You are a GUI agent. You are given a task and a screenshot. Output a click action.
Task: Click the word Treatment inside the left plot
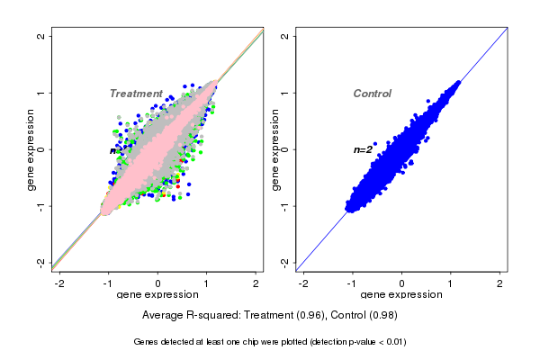click(136, 94)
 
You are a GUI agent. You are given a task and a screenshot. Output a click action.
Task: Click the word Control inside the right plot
click(372, 94)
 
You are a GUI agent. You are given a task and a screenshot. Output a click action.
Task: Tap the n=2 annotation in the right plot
click(363, 149)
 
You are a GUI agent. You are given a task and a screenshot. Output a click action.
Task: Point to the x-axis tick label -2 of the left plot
click(59, 283)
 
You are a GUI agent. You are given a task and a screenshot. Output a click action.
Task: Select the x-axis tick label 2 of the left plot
click(256, 283)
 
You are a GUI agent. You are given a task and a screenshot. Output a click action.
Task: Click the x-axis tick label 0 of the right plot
click(402, 283)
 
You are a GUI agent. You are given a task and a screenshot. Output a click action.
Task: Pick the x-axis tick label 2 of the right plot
click(500, 283)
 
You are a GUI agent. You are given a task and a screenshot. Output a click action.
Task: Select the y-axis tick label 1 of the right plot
click(285, 93)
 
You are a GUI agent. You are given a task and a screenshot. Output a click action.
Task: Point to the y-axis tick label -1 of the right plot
click(285, 206)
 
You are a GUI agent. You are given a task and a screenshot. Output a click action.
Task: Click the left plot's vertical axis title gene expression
click(31, 149)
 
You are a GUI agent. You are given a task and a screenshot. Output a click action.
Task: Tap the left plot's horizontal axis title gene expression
click(157, 295)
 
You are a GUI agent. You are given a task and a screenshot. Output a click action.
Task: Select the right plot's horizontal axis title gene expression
click(401, 295)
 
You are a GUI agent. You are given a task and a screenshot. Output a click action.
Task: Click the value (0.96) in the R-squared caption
click(310, 315)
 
